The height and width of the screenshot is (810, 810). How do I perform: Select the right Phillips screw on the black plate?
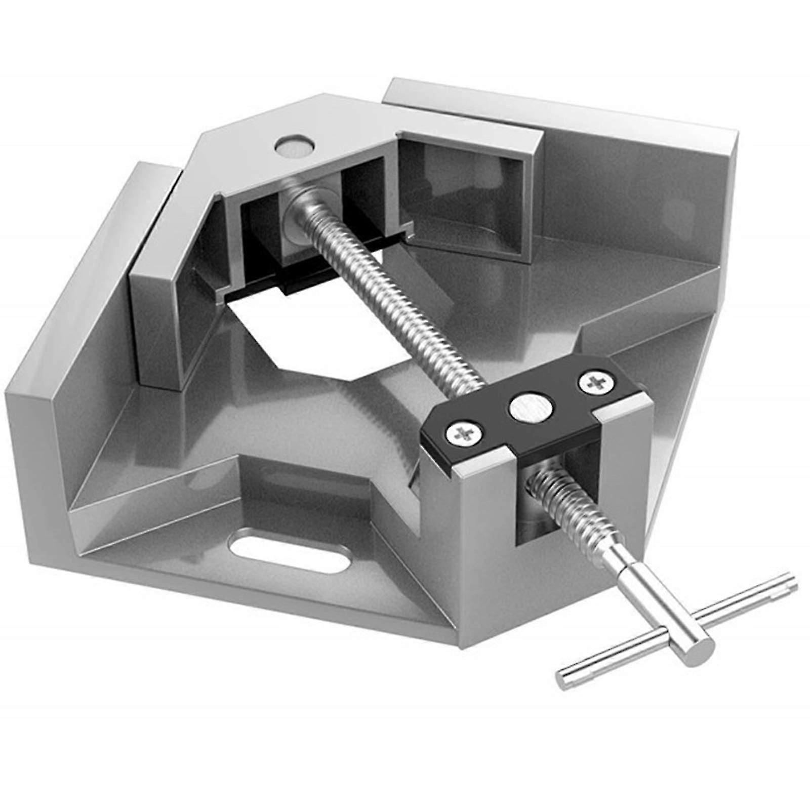coord(593,381)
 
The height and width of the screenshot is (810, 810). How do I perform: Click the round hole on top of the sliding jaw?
coord(295,146)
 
